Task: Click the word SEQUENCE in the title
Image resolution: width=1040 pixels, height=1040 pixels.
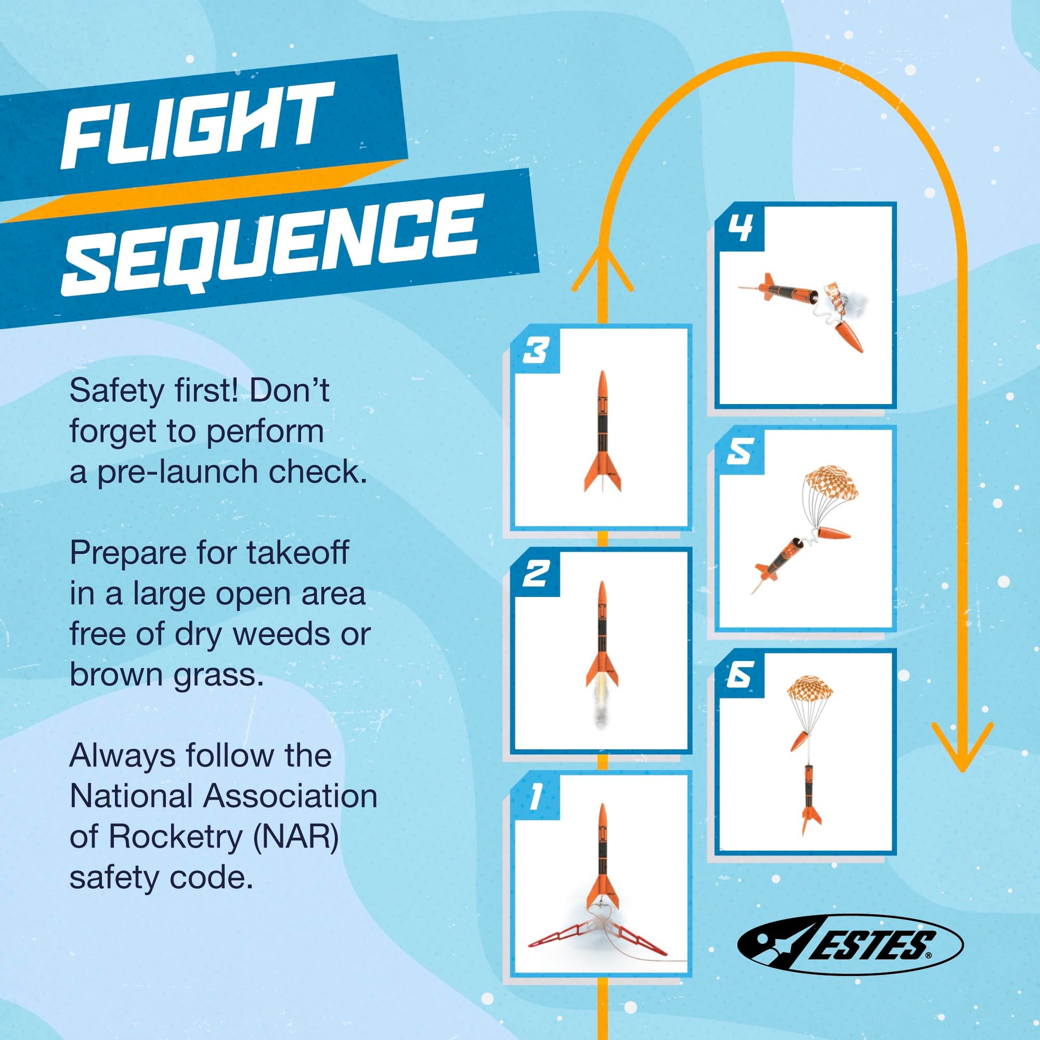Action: [x=269, y=245]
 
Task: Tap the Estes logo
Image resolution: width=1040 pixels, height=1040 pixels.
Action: [x=850, y=945]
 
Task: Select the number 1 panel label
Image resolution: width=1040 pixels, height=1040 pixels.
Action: [x=535, y=797]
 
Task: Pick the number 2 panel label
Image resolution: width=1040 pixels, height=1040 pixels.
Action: [x=536, y=574]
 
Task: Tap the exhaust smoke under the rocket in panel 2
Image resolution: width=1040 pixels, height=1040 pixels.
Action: [x=601, y=710]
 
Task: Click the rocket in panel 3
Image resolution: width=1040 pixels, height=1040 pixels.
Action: [x=602, y=431]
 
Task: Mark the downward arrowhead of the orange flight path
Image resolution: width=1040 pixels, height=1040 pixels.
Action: [x=962, y=746]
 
